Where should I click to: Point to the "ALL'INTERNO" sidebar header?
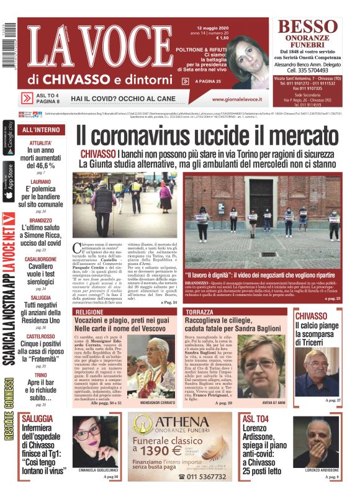(41, 130)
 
